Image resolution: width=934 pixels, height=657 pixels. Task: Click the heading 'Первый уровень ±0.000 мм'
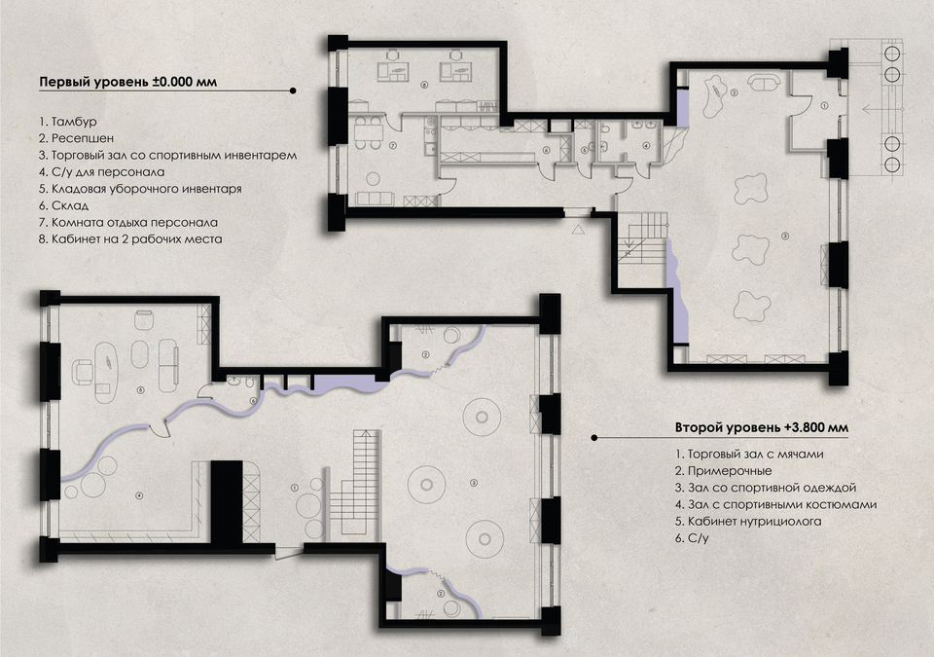pos(127,82)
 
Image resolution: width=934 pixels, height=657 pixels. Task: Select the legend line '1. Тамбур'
pos(68,122)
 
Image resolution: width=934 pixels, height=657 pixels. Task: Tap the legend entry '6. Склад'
pos(64,205)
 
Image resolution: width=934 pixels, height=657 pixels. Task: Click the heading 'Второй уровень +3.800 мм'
pos(762,427)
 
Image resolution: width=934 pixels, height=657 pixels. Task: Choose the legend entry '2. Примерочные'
pos(724,471)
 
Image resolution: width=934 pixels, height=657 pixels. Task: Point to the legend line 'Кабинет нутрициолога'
pos(749,521)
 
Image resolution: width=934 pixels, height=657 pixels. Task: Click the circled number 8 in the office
pos(424,85)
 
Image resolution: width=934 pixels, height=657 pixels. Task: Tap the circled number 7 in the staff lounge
pos(392,145)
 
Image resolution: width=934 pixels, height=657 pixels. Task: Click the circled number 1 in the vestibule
pos(824,105)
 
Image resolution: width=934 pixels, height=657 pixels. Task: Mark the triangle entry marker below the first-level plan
pos(577,229)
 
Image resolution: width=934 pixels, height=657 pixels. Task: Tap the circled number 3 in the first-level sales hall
pos(785,237)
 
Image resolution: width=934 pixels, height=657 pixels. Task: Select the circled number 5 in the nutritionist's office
pos(140,390)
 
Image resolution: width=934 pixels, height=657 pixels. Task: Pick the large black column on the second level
pos(227,501)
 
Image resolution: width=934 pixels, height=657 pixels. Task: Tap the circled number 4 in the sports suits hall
pos(139,494)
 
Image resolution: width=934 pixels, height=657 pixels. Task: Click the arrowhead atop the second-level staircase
pos(366,433)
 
